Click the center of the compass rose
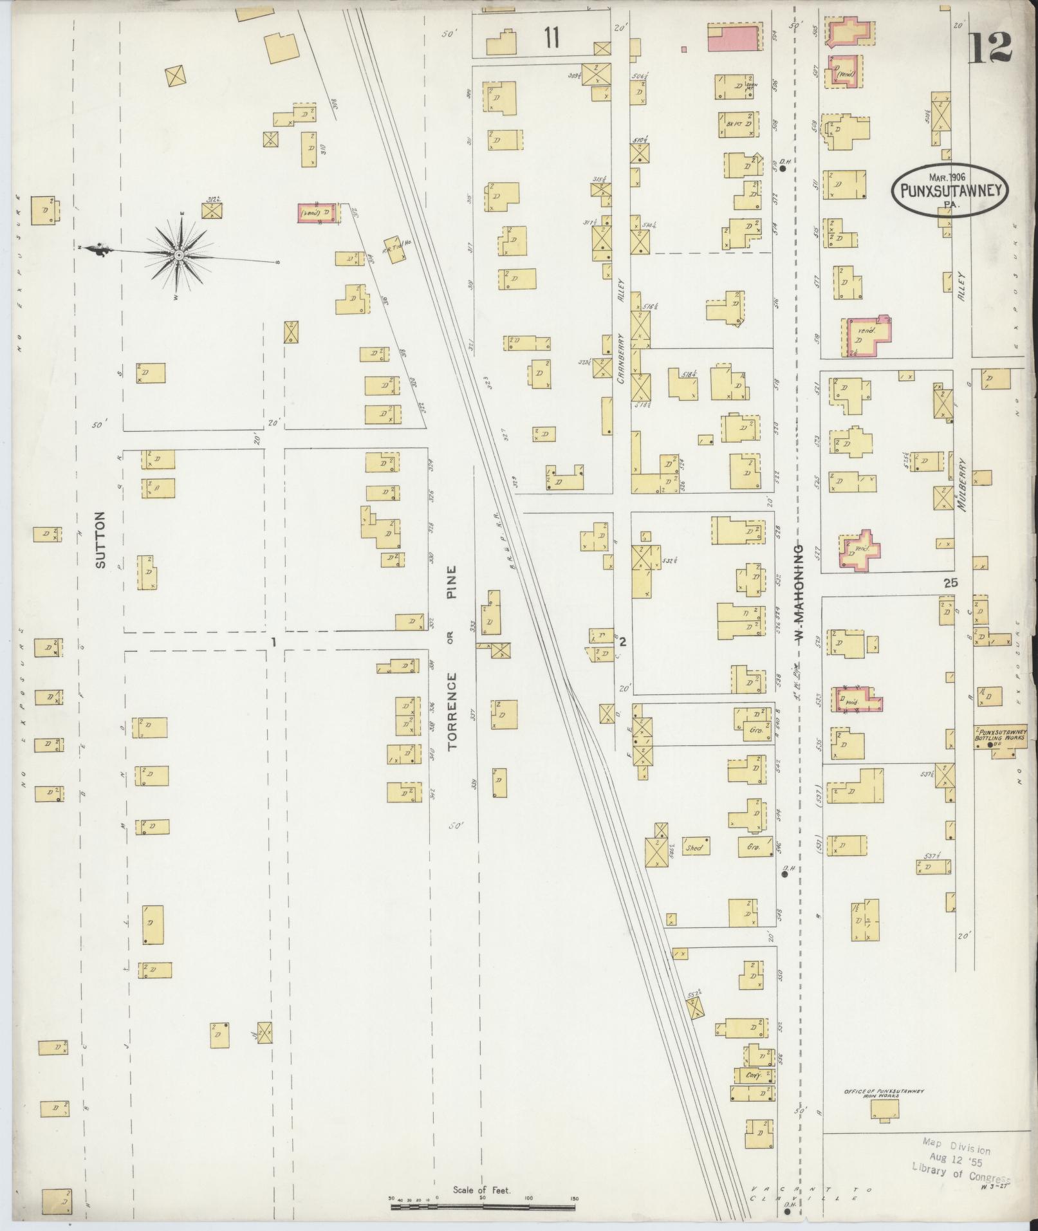coord(178,257)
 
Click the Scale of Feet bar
coord(483,1203)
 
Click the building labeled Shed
coord(697,847)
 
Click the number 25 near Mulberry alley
coord(952,583)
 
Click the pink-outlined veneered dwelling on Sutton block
coord(317,214)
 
